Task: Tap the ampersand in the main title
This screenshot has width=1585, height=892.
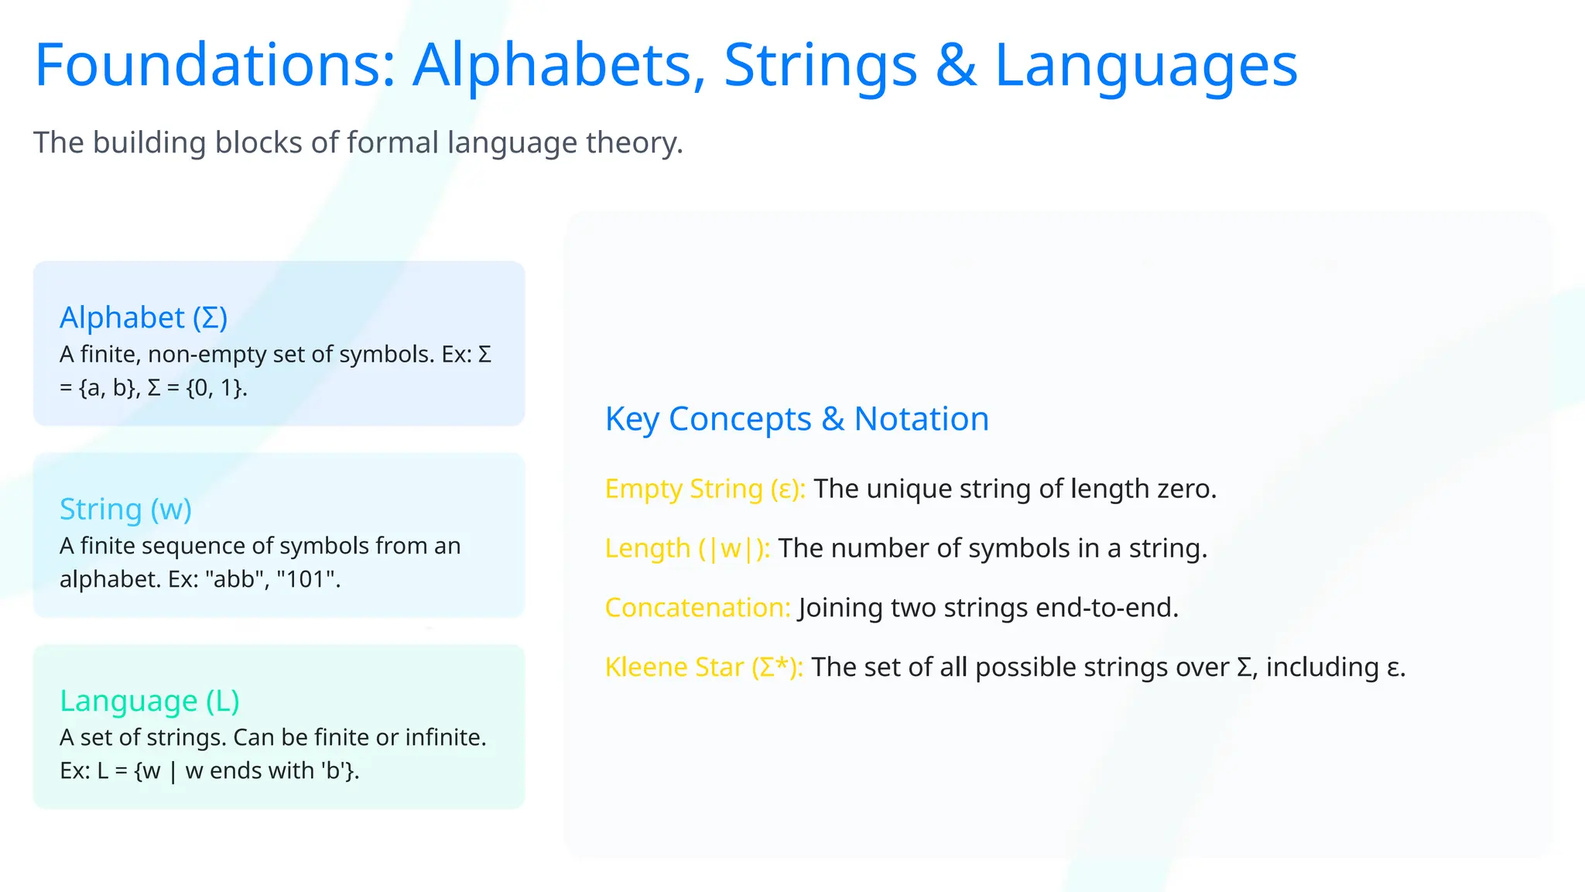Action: click(x=955, y=65)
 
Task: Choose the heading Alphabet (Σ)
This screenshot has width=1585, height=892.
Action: click(x=144, y=317)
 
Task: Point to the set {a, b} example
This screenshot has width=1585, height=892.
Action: click(x=109, y=387)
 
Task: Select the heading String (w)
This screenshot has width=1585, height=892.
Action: click(x=125, y=509)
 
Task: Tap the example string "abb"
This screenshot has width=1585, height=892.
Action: click(x=234, y=579)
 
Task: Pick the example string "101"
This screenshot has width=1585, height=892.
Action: click(x=308, y=579)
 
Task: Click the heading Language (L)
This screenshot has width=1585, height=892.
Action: click(x=149, y=701)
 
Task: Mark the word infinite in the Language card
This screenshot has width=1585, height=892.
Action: click(x=445, y=737)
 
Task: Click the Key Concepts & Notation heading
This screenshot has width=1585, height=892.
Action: click(x=796, y=419)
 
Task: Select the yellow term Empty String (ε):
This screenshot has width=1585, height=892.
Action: click(x=705, y=489)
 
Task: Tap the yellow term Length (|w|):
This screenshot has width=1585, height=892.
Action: click(x=687, y=548)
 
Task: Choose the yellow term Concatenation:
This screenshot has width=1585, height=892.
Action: click(x=697, y=608)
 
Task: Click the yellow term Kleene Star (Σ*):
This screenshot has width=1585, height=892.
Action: click(x=703, y=667)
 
